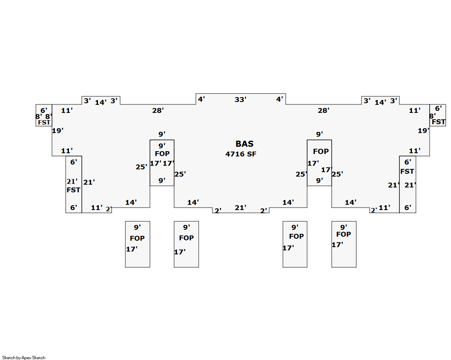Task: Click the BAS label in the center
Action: coord(244,144)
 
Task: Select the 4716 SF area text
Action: coord(241,154)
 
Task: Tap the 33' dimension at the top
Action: coord(241,100)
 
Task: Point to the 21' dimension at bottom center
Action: coord(241,208)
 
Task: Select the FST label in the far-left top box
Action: coord(44,122)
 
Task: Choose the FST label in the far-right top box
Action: coord(439,122)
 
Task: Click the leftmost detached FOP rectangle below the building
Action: coord(137,244)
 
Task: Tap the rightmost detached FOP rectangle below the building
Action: coord(344,244)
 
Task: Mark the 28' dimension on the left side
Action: coord(158,110)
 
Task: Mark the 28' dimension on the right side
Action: coord(323,110)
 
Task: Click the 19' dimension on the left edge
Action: coord(58,131)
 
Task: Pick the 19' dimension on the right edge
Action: coord(424,131)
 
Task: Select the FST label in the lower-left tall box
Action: coord(73,190)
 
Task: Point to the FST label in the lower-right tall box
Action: coord(407,171)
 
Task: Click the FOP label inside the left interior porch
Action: coord(162,154)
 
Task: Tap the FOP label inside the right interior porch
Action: coord(321,152)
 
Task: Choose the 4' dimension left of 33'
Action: coord(201,99)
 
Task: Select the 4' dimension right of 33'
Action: coord(280,99)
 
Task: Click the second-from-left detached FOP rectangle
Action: coord(186,244)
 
